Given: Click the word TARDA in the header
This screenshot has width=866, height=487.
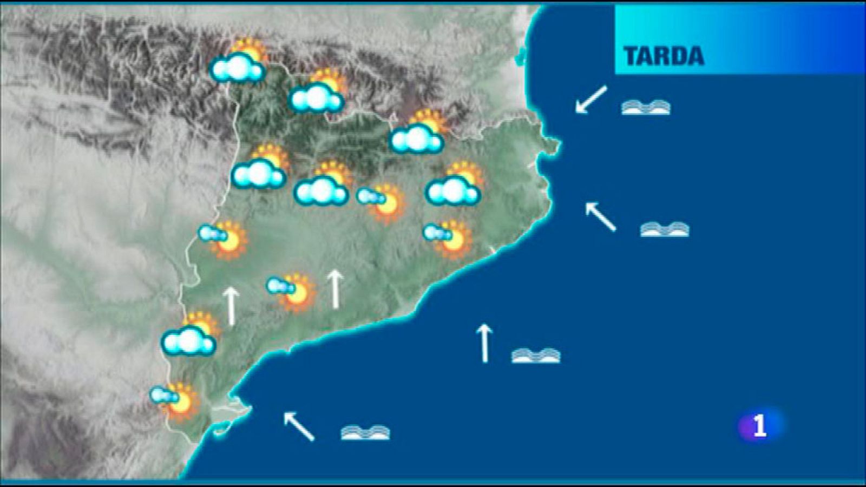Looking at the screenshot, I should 664,56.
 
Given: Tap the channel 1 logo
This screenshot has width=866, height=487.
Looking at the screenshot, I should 759,425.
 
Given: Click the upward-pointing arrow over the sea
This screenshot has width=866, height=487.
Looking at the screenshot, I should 484,343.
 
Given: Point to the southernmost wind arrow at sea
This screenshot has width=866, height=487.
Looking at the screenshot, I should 299,426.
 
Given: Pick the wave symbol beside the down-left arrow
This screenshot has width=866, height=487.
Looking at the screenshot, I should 646,107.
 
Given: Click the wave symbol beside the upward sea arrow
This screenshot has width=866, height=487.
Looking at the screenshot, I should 536,355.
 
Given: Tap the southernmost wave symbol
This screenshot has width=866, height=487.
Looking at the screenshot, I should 365,432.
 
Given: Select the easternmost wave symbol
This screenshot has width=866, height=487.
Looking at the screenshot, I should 665,229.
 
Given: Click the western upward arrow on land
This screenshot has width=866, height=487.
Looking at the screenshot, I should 232,306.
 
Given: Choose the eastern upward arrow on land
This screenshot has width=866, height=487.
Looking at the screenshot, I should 336,289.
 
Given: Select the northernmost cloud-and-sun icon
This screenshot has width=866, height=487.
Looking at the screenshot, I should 239,62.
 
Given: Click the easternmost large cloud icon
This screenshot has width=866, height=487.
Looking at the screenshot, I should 454,185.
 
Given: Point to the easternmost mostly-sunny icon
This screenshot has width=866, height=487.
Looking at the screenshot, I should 448,238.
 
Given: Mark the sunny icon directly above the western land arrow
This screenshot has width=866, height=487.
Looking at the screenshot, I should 224,238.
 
